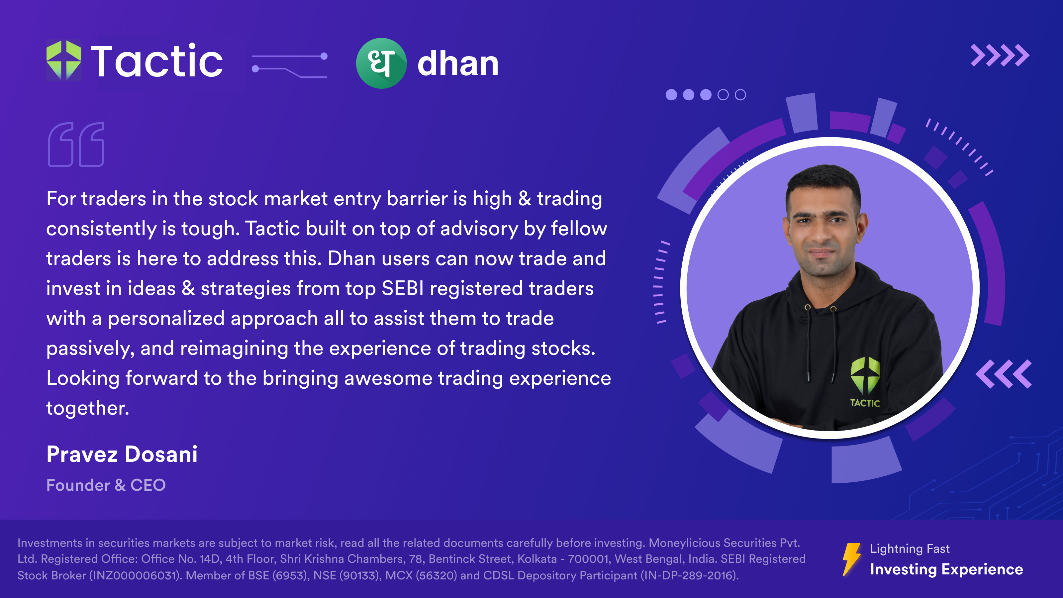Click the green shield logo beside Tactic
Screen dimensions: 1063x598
coord(63,60)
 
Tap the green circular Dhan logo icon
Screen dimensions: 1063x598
coord(381,63)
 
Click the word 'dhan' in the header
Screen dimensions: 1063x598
coord(458,63)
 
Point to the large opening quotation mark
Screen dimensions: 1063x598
coord(76,145)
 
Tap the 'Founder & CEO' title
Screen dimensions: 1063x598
coord(106,485)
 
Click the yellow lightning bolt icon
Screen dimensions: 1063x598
coord(851,559)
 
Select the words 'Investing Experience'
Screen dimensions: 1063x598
coord(946,569)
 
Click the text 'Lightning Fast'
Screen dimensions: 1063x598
coord(910,549)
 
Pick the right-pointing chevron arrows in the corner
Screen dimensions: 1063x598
coord(1000,55)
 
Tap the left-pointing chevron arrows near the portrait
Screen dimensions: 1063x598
coord(1004,374)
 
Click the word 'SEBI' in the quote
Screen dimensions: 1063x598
coord(402,288)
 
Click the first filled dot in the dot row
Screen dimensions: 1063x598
coord(671,95)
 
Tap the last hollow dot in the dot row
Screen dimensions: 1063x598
coord(740,95)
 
